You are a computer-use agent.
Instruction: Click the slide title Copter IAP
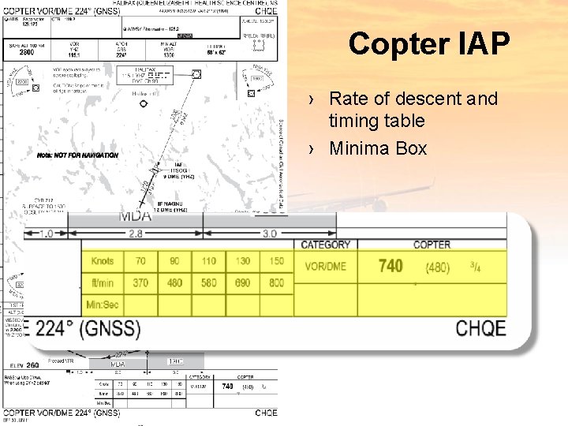pyautogui.click(x=429, y=43)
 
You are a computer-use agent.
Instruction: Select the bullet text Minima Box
pyautogui.click(x=377, y=148)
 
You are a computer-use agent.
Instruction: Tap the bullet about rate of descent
pyautogui.click(x=412, y=110)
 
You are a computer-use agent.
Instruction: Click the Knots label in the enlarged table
pyautogui.click(x=103, y=261)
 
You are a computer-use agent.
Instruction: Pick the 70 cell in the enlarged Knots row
pyautogui.click(x=140, y=261)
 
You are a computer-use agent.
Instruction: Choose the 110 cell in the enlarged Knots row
pyautogui.click(x=208, y=261)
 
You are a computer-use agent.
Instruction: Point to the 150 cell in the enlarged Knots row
pyautogui.click(x=276, y=261)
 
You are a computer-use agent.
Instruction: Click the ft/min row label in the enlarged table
pyautogui.click(x=103, y=282)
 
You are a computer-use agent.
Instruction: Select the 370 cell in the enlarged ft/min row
pyautogui.click(x=140, y=282)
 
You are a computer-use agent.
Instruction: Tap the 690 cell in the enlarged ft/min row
pyautogui.click(x=242, y=282)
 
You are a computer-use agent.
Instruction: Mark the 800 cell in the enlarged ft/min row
pyautogui.click(x=276, y=282)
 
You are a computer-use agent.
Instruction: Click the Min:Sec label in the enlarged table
pyautogui.click(x=103, y=304)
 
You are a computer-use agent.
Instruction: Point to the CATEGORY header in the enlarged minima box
pyautogui.click(x=325, y=245)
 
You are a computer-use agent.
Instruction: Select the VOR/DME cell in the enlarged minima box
pyautogui.click(x=325, y=267)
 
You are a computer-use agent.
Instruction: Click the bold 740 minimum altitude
pyautogui.click(x=390, y=266)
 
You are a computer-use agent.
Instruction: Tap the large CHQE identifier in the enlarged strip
pyautogui.click(x=480, y=327)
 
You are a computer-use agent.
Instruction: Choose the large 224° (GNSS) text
pyautogui.click(x=88, y=328)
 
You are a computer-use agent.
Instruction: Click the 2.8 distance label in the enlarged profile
pyautogui.click(x=136, y=233)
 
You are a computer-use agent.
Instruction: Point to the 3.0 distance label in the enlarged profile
pyautogui.click(x=269, y=233)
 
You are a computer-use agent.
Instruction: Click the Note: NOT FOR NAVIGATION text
pyautogui.click(x=77, y=155)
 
